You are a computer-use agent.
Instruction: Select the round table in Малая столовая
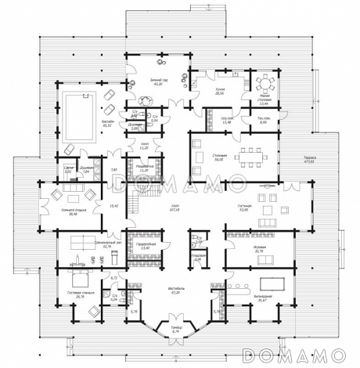[264, 81]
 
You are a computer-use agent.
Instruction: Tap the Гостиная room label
[243, 207]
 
